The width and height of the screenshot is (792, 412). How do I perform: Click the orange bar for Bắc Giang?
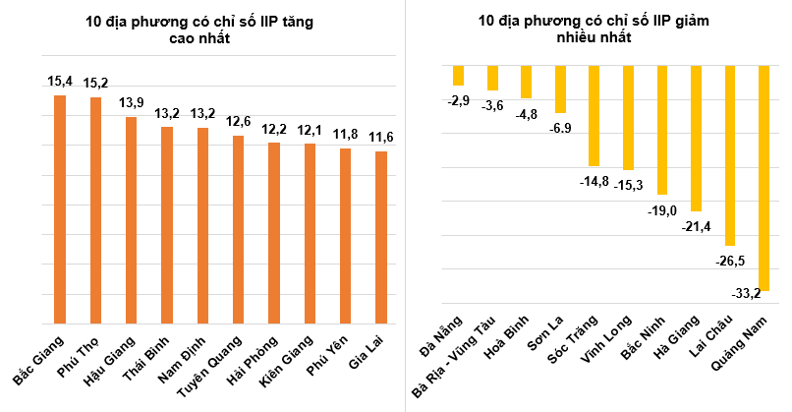coord(60,208)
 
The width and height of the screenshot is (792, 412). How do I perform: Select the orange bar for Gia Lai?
coord(380,237)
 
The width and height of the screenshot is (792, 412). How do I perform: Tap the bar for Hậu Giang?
coord(131,219)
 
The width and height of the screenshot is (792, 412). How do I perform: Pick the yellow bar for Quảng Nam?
coord(764,178)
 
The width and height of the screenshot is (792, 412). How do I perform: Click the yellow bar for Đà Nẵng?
coord(457,76)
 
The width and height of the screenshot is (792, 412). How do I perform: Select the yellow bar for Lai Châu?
coord(730,155)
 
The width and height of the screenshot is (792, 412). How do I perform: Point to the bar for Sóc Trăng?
coord(594,116)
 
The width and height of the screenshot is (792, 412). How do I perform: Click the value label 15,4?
coord(60,79)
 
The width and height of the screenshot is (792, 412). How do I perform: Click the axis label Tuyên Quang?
coord(209,361)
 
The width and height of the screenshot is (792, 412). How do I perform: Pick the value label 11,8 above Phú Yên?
coord(345,133)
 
